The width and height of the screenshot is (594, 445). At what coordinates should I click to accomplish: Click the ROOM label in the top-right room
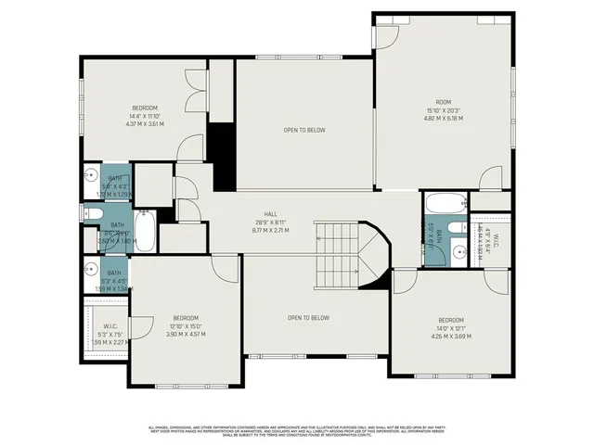[x=443, y=102]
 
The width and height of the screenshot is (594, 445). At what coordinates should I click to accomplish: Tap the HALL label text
[x=271, y=213]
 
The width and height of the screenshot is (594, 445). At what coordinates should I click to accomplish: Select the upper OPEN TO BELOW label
[x=304, y=130]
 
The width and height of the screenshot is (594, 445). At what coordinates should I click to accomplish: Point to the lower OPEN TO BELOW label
[x=308, y=318]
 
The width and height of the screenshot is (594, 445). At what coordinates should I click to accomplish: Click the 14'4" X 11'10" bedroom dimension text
[x=144, y=115]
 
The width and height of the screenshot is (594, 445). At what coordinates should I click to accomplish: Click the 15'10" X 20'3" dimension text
[x=443, y=110]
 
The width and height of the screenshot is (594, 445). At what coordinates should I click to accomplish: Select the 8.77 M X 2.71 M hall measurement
[x=271, y=229]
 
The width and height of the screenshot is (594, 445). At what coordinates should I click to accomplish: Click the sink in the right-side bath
[x=458, y=250]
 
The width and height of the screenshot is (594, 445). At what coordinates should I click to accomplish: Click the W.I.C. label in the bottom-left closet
[x=110, y=325]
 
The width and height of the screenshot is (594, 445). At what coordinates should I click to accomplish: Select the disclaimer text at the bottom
[x=297, y=429]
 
